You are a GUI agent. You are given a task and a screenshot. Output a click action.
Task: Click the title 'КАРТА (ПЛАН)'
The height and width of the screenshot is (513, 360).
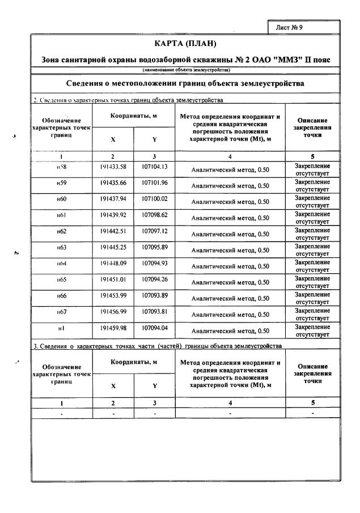[x=185, y=44]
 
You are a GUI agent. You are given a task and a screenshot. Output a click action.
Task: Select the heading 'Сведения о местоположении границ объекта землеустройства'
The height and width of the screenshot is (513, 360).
[x=185, y=83]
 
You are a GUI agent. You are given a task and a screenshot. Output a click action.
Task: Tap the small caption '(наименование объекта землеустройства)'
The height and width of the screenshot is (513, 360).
[x=185, y=70]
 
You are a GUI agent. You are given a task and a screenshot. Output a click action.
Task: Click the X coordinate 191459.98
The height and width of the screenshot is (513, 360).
[x=113, y=328]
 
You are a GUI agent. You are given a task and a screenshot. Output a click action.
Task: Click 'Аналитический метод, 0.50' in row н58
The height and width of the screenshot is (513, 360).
[x=230, y=169]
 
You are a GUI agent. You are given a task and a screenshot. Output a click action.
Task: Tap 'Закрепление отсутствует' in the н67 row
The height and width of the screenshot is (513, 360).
[x=312, y=315]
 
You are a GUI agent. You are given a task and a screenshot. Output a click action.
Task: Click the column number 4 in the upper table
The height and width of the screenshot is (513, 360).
[x=230, y=156]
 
